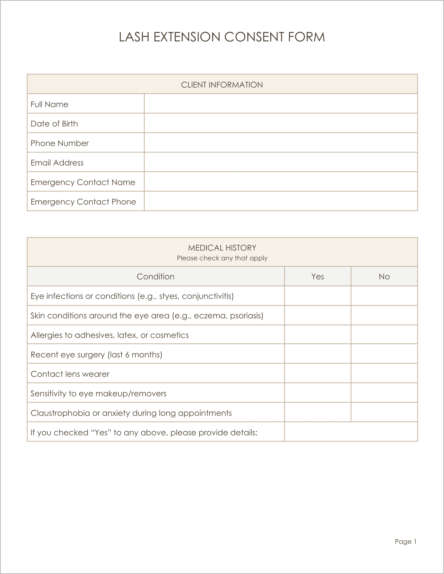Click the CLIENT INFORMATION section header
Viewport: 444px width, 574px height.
tap(222, 85)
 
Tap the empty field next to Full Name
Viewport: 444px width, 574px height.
tap(281, 104)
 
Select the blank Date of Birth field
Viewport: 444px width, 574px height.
tap(281, 123)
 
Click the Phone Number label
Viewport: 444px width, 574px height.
tap(60, 143)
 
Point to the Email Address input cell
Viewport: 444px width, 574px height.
tap(281, 162)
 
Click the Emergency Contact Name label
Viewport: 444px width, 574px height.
tap(83, 182)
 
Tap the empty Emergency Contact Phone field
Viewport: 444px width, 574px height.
tap(281, 201)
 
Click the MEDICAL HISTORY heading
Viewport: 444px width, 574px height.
tap(222, 248)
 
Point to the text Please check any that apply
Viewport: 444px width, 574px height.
tap(222, 258)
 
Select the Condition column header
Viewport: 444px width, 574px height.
tap(155, 277)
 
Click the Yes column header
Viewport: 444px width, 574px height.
tap(318, 277)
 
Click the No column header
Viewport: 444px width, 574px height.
tap(384, 277)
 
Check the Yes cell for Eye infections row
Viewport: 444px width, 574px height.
tap(318, 296)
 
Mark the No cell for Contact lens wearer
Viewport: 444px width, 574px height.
tap(384, 373)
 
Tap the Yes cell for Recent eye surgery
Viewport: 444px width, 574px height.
tap(318, 354)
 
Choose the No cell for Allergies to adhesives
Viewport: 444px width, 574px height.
tap(384, 335)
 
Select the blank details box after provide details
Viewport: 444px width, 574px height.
tap(351, 432)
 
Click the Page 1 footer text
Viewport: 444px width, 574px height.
tap(405, 542)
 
